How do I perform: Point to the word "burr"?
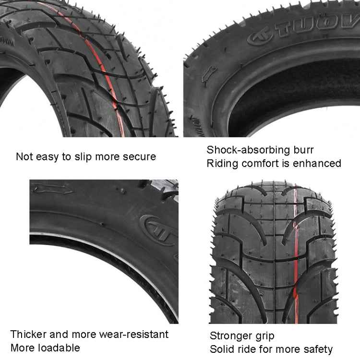coord(304,150)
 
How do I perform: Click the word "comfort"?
coord(260,163)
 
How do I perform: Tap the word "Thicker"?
coord(28,334)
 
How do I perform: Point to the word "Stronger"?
coord(231,336)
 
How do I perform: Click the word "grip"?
coord(264,336)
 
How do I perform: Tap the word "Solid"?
coord(221,349)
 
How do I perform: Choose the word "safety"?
coord(316,349)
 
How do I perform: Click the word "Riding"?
coord(222,163)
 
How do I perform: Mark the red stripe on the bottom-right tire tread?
coord(294,250)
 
